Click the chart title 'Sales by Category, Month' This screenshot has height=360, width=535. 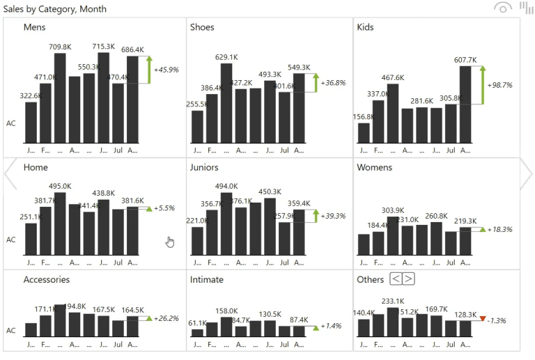tap(50, 8)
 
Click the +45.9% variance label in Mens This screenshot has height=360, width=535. tap(166, 70)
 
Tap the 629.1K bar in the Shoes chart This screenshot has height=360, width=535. tap(226, 103)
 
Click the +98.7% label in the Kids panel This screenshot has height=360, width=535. tap(499, 85)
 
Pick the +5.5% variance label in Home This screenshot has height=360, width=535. tap(164, 208)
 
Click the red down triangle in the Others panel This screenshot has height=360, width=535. tap(482, 319)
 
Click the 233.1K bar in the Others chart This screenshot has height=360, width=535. tap(393, 322)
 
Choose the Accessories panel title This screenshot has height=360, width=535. tap(47, 280)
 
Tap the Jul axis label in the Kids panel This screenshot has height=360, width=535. tap(451, 150)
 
